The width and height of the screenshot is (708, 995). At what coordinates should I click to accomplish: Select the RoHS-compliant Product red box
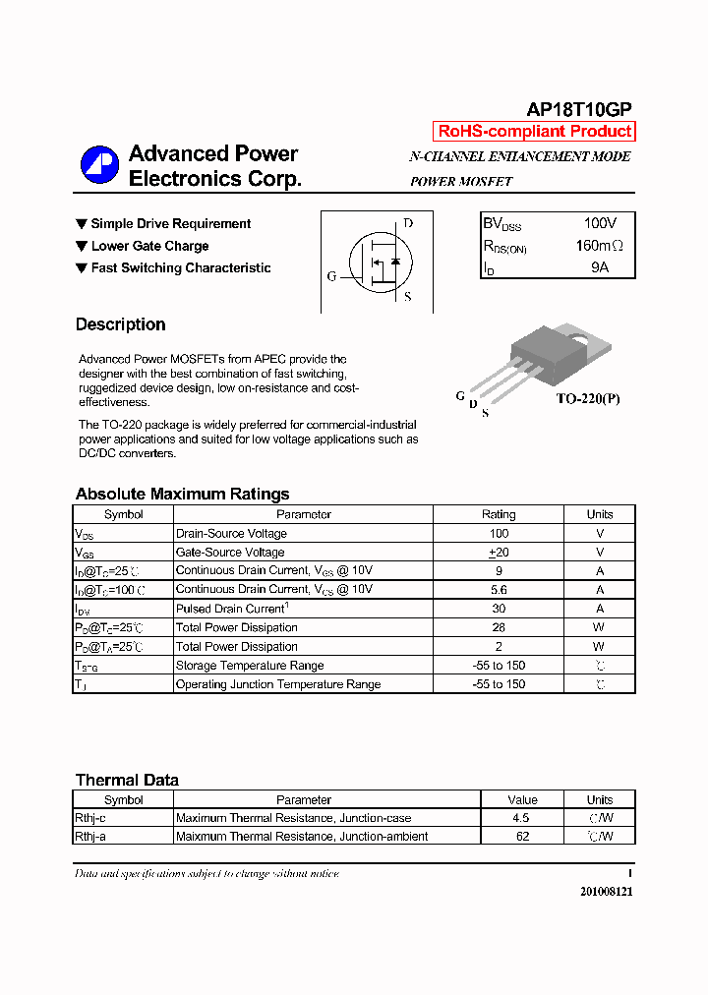click(x=534, y=132)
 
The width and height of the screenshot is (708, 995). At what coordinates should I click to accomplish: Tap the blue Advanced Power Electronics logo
click(x=99, y=164)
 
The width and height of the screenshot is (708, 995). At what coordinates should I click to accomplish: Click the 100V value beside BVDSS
click(x=599, y=224)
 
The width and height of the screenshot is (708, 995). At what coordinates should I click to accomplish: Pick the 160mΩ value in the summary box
click(x=599, y=246)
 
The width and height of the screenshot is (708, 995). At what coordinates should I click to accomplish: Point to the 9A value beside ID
click(x=599, y=266)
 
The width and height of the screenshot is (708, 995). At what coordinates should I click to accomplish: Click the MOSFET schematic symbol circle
click(x=380, y=262)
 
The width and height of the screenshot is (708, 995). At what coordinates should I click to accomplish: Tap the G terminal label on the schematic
click(x=331, y=276)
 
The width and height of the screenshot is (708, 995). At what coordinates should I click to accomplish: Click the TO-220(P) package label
click(x=588, y=398)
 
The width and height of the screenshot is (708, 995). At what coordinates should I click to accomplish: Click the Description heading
click(x=120, y=324)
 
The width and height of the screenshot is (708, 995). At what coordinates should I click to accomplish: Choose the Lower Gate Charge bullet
click(x=149, y=246)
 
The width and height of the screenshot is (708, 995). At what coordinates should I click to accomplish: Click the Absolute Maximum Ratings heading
click(x=182, y=494)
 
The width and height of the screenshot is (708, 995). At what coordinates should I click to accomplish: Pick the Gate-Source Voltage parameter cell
click(x=230, y=553)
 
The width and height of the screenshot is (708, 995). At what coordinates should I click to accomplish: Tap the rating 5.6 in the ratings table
click(x=498, y=590)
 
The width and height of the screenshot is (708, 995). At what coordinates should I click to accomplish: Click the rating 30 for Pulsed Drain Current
click(x=498, y=609)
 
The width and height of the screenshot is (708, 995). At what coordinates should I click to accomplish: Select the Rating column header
click(x=498, y=514)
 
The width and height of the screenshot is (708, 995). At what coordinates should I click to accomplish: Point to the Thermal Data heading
click(x=127, y=780)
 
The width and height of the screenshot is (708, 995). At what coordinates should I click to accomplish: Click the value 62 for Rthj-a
click(x=522, y=837)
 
